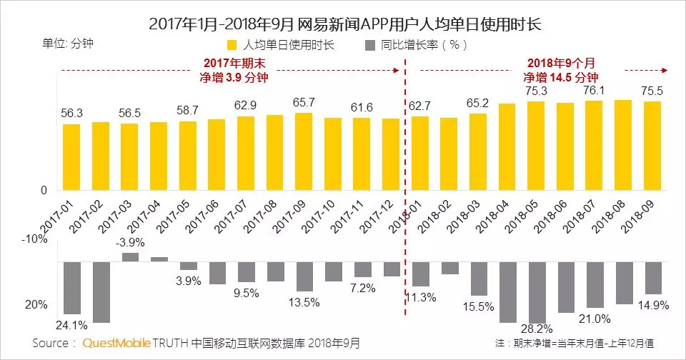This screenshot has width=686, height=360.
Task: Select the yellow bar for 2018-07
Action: pyautogui.click(x=594, y=146)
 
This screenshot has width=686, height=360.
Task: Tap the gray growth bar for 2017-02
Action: pyautogui.click(x=101, y=292)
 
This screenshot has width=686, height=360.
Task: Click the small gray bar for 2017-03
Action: pyautogui.click(x=130, y=257)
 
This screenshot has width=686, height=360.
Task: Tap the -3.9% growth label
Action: pyautogui.click(x=130, y=242)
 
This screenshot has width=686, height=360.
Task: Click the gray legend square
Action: pyautogui.click(x=369, y=45)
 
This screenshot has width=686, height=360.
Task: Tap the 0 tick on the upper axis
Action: pyautogui.click(x=44, y=191)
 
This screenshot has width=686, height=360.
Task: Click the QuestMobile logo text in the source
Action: pyautogui.click(x=116, y=344)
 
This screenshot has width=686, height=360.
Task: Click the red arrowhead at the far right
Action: pyautogui.click(x=665, y=70)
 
